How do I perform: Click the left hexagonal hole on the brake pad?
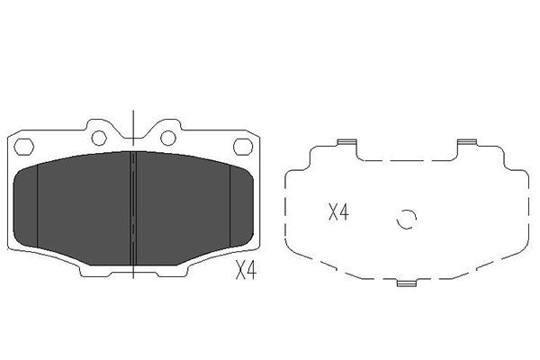coord(25,147)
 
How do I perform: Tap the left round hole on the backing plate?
coord(97,138)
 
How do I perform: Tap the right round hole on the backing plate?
coord(167,138)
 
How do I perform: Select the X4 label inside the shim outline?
coord(337,213)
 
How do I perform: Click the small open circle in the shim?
coord(407,219)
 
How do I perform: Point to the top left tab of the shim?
coord(346,143)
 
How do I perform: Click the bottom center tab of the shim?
coord(408,284)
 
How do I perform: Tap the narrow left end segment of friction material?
coord(28,202)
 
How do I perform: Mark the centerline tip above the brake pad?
coord(132,112)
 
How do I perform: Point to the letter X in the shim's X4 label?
coord(332,213)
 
